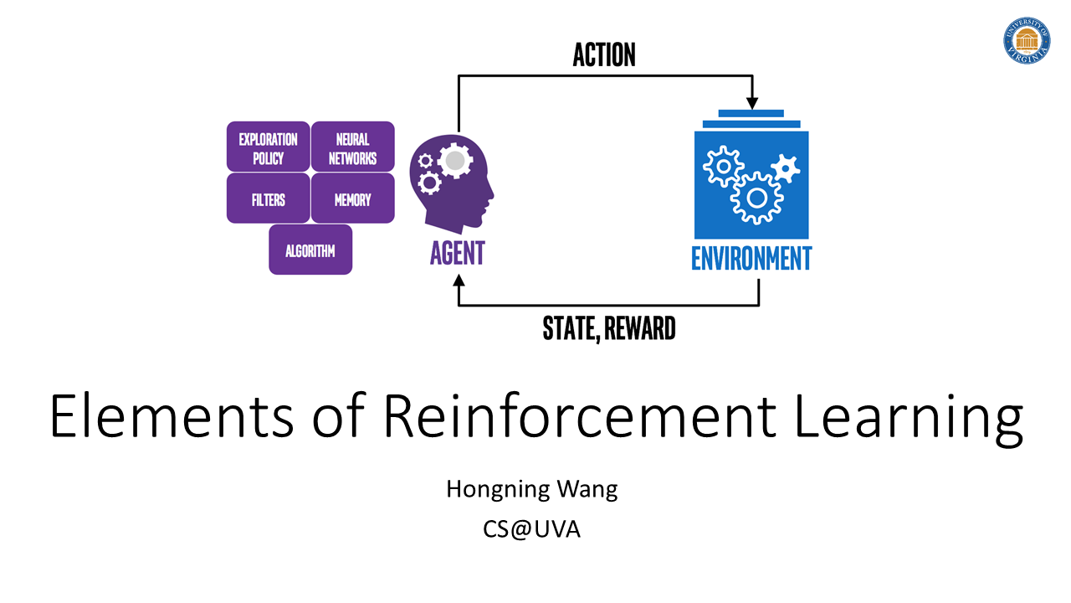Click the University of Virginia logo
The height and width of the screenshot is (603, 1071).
click(x=1027, y=40)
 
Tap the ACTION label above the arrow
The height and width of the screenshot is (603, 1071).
click(x=604, y=55)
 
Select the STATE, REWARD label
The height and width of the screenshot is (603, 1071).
click(x=608, y=328)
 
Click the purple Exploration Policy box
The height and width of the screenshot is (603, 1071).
click(x=268, y=147)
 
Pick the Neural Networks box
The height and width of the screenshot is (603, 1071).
click(x=352, y=147)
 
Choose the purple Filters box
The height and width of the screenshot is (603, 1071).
click(x=268, y=199)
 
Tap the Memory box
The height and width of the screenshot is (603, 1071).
click(x=352, y=199)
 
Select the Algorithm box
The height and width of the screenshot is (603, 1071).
click(x=310, y=250)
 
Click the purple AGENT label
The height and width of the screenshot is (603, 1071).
click(x=457, y=254)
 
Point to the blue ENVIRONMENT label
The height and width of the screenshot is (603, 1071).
click(x=751, y=258)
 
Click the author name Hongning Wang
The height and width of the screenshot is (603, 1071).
click(x=532, y=489)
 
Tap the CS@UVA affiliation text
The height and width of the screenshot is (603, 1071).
click(x=532, y=530)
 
